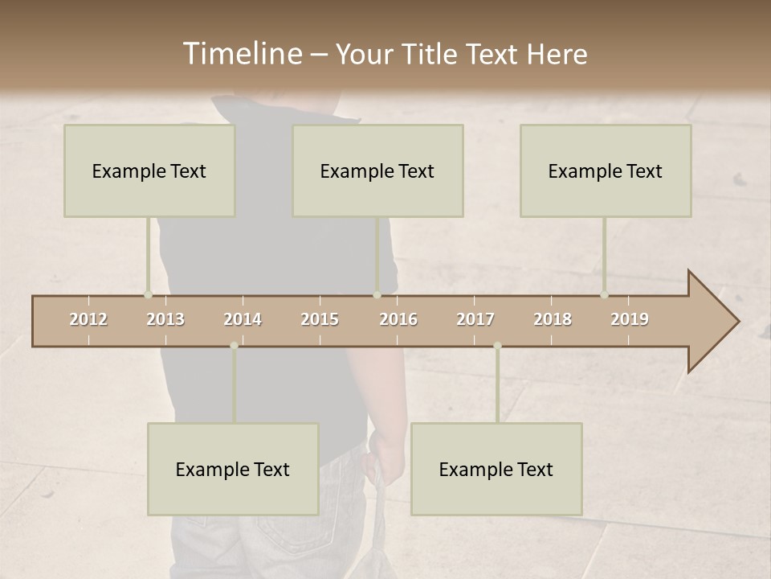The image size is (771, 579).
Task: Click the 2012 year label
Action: (x=88, y=319)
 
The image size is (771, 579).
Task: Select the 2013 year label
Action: (x=165, y=319)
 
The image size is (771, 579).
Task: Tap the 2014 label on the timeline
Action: (x=243, y=319)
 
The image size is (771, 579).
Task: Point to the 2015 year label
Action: (x=320, y=319)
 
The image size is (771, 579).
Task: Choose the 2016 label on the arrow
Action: (x=398, y=319)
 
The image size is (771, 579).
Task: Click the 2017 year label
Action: (x=475, y=319)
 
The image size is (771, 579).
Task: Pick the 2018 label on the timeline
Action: (x=553, y=319)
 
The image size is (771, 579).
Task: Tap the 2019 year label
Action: (x=630, y=319)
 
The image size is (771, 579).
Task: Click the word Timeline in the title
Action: (x=242, y=54)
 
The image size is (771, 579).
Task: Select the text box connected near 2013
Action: (x=149, y=170)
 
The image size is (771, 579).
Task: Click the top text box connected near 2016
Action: (x=377, y=170)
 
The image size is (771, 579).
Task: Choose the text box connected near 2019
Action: (x=606, y=170)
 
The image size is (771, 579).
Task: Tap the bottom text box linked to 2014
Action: (x=233, y=469)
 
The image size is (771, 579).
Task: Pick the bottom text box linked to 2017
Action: (x=496, y=469)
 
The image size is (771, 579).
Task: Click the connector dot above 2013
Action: (x=148, y=294)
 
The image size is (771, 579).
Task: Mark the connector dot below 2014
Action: (x=234, y=346)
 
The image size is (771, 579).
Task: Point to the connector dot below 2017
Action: (x=497, y=346)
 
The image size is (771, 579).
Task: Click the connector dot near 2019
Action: (x=604, y=294)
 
